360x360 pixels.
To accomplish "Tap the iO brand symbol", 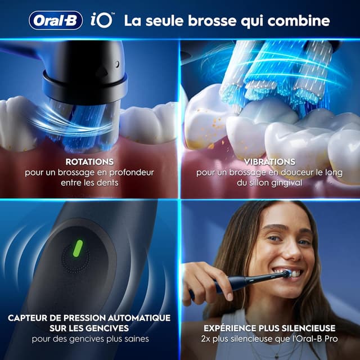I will [102, 20].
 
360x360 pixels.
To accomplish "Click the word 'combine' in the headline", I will [299, 21].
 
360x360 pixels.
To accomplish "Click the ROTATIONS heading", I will [89, 162].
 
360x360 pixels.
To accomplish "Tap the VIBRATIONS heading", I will [269, 162].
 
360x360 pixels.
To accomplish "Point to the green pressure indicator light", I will [78, 247].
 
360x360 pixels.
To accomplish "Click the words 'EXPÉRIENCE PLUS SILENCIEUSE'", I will [269, 328].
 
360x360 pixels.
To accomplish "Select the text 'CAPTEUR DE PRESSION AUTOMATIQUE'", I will [90, 318].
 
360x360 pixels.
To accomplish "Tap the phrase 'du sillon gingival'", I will [269, 183].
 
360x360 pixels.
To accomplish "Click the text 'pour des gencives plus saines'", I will [90, 339].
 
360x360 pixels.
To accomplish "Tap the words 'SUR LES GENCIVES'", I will [90, 328].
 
